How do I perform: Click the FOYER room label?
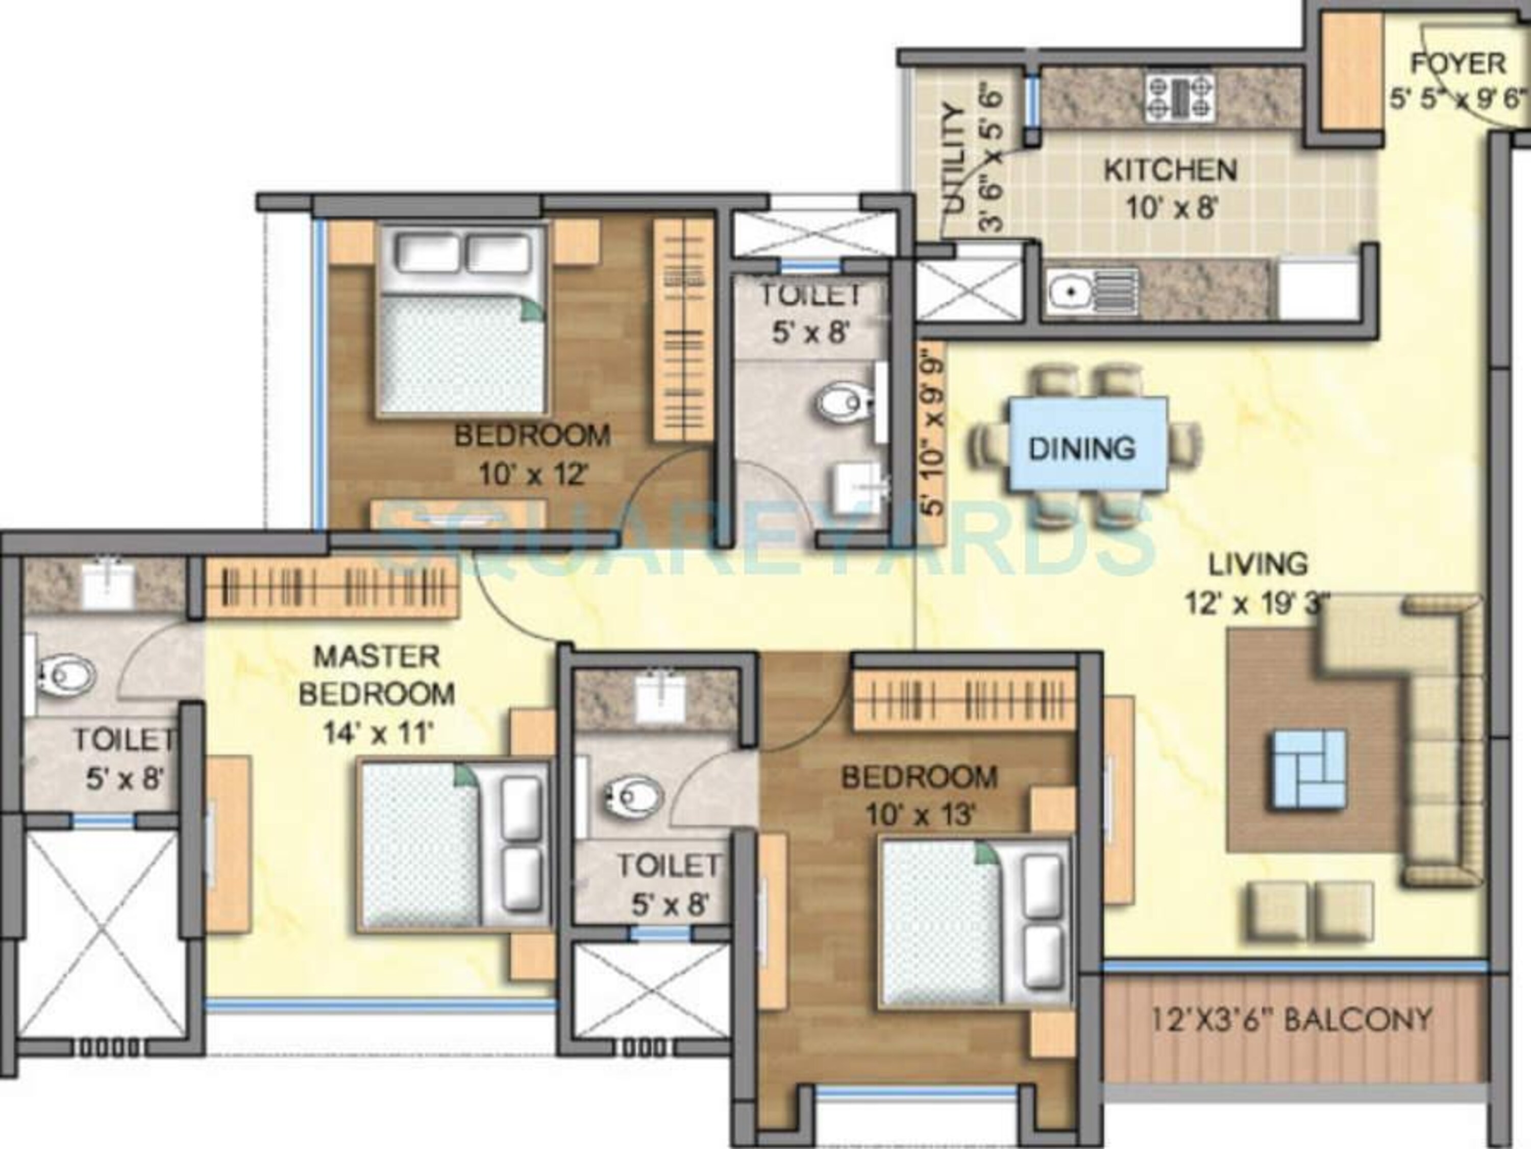pos(1459,64)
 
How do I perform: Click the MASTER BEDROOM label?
pos(377,675)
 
